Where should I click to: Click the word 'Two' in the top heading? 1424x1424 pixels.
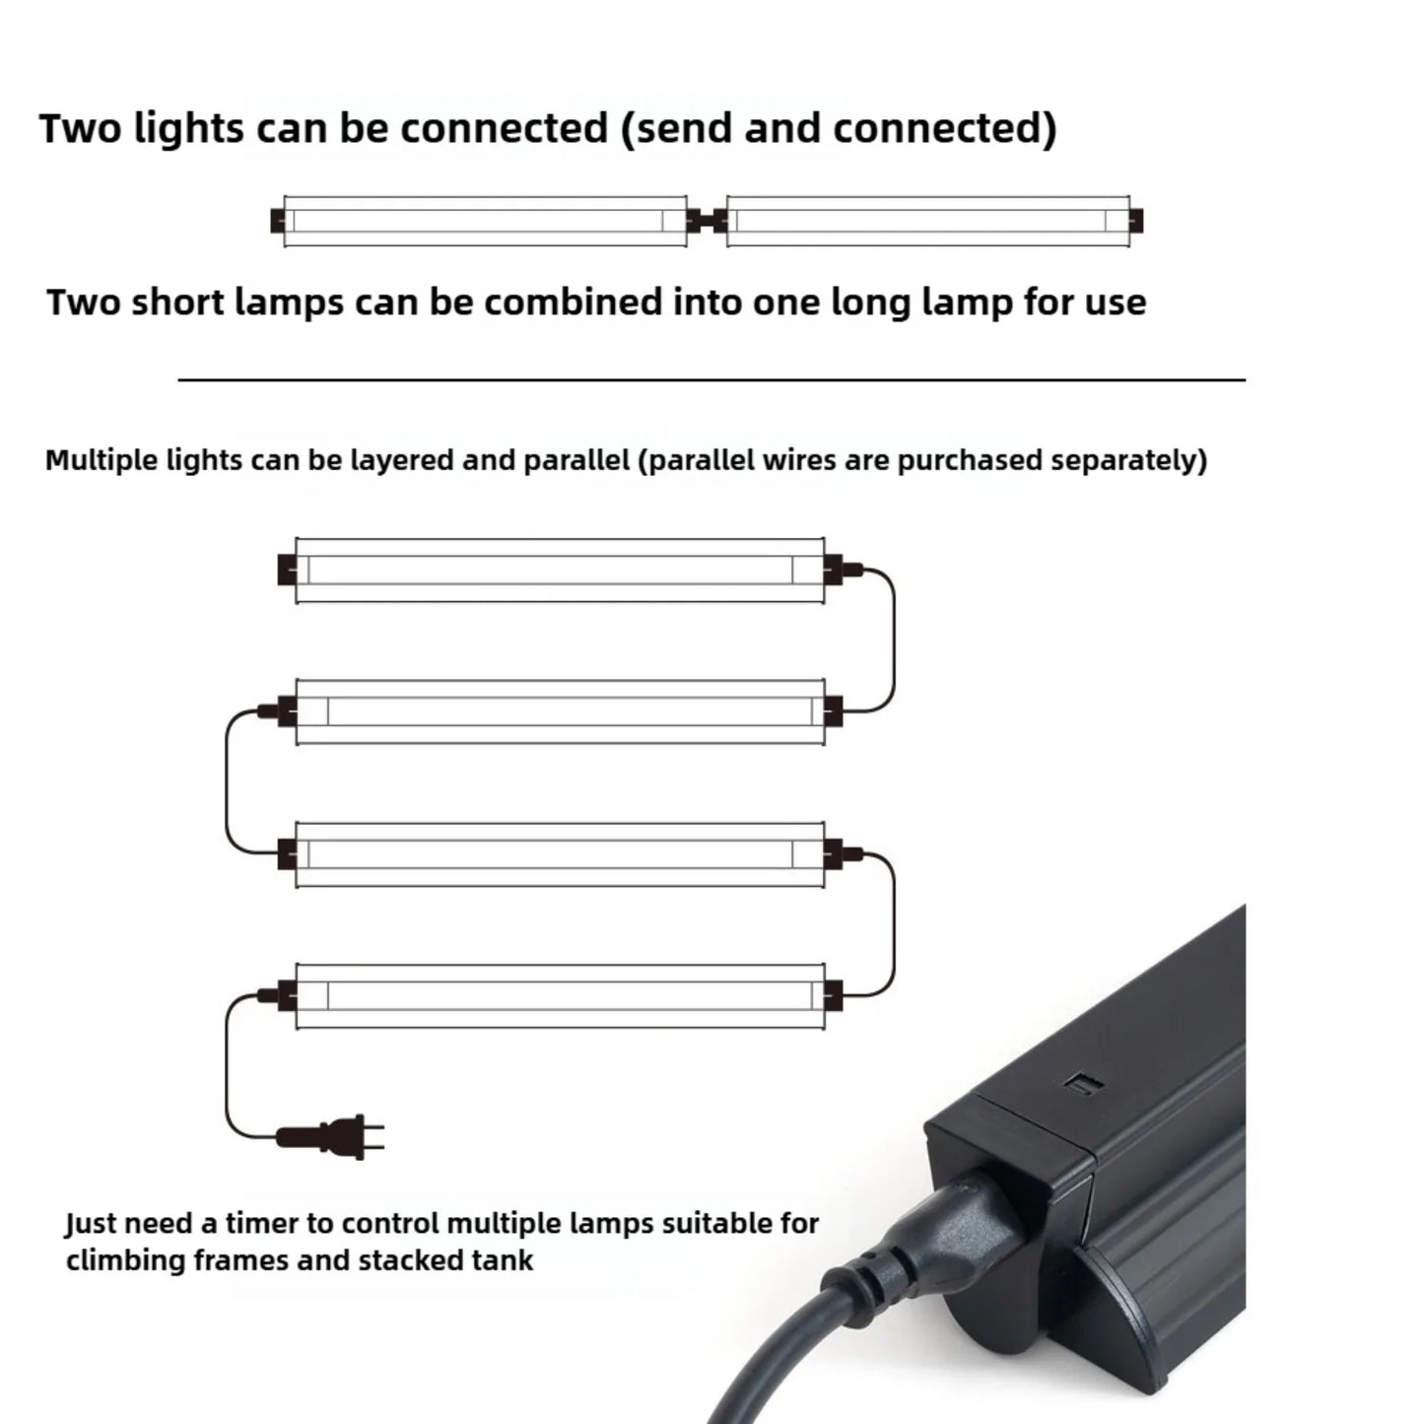pos(80,128)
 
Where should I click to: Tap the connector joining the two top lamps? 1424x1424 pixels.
pos(706,221)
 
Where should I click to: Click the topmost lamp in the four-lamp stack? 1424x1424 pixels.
pos(559,570)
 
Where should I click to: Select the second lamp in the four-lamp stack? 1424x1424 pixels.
pos(559,711)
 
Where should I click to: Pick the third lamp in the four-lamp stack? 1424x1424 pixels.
pos(559,853)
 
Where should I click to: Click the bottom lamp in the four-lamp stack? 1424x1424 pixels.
pos(559,996)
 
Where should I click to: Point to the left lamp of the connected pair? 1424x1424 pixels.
pos(484,221)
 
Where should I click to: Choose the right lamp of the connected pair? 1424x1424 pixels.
pos(927,221)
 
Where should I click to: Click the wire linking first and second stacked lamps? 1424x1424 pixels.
pos(894,641)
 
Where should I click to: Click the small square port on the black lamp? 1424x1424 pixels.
pos(1085,1085)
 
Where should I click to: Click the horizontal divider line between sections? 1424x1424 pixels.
pos(712,379)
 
